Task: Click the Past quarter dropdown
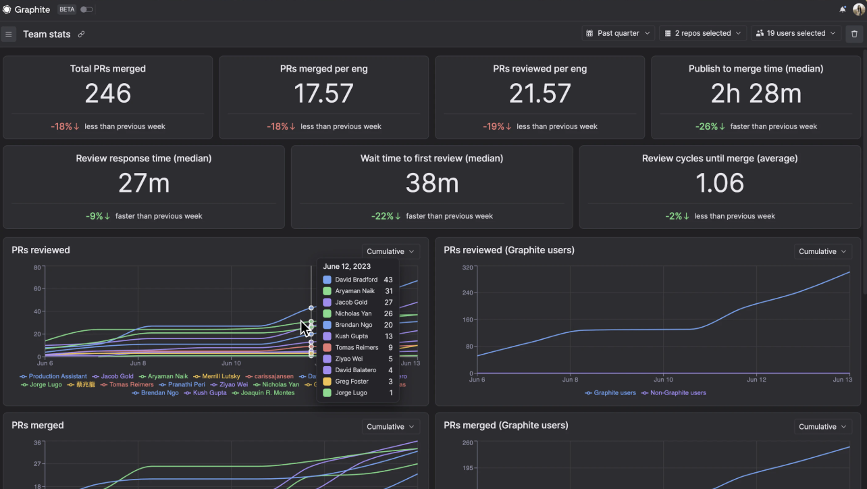point(619,33)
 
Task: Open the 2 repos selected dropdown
point(702,33)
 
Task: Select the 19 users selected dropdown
point(795,33)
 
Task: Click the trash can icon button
point(854,34)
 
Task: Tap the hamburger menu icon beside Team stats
point(9,34)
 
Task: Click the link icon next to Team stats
point(81,34)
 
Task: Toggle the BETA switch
point(86,9)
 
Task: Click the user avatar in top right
point(859,9)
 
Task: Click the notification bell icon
point(843,9)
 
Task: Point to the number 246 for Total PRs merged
point(108,94)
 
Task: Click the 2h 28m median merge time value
point(756,94)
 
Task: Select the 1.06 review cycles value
point(720,183)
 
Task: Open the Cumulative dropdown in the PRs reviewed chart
point(390,251)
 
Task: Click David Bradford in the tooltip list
point(356,280)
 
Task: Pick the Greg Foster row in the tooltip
point(352,382)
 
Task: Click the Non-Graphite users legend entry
point(677,392)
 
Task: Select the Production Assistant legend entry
point(57,376)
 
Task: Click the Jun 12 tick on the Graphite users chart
point(757,380)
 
